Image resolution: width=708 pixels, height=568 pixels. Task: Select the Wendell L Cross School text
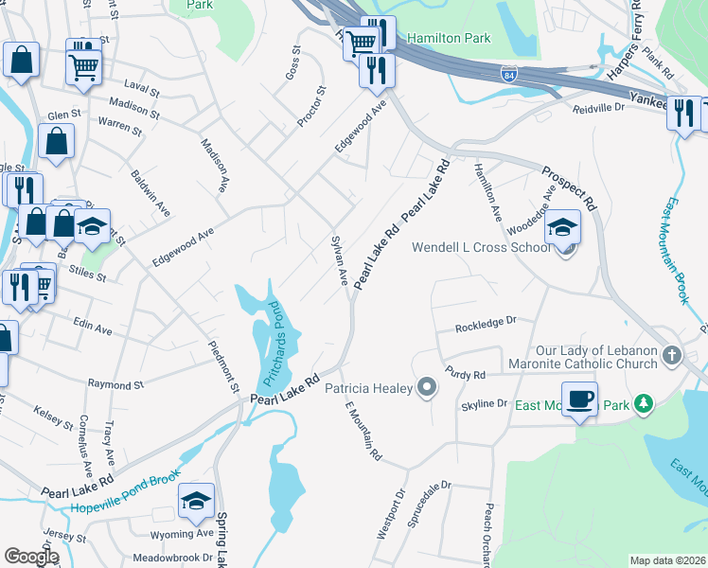[x=480, y=248]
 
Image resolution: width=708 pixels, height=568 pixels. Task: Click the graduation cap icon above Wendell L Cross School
[x=562, y=227]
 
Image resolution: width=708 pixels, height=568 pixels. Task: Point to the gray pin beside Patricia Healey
[x=427, y=386]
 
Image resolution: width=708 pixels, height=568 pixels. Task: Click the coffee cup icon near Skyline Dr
[x=579, y=399]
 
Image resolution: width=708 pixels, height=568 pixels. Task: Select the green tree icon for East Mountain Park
[x=644, y=404]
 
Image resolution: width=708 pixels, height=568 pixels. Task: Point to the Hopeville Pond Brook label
[x=125, y=501]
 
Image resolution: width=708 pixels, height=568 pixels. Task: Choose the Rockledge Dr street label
[x=486, y=325]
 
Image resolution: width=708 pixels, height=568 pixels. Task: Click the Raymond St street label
[x=115, y=385]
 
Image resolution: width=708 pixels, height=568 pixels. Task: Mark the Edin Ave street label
[x=93, y=327]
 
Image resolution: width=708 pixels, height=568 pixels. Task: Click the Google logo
[x=30, y=557]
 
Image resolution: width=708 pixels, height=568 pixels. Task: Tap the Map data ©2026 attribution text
[x=666, y=560]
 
